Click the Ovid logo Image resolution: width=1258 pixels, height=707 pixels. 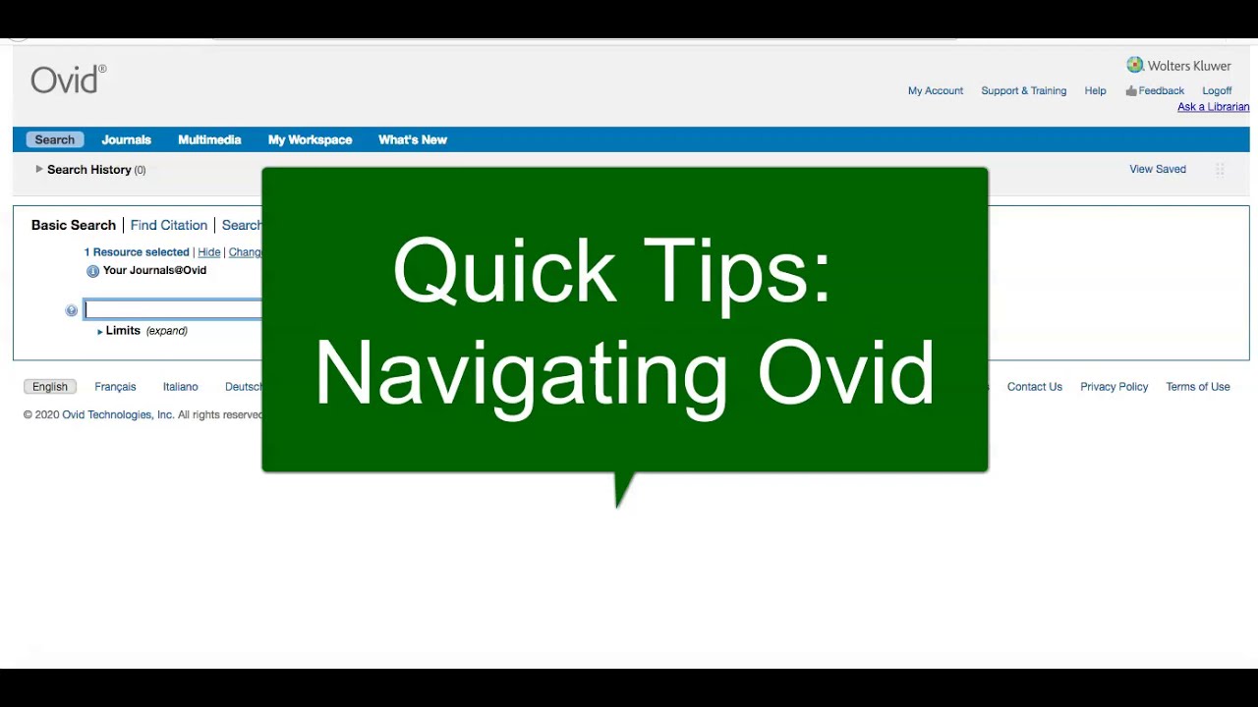[x=67, y=80]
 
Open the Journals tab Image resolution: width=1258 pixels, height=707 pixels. [x=126, y=139]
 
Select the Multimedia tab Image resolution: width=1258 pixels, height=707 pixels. [x=209, y=139]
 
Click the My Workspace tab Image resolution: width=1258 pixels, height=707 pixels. [x=310, y=139]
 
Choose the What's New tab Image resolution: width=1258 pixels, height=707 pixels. [x=413, y=139]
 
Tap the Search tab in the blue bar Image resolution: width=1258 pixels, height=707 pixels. [x=55, y=139]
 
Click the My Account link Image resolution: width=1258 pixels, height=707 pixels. [x=936, y=90]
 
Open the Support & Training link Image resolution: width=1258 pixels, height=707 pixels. [x=1023, y=90]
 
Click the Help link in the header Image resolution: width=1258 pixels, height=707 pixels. [x=1095, y=90]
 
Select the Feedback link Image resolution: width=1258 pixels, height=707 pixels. [x=1161, y=90]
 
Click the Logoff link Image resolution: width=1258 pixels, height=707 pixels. [x=1217, y=90]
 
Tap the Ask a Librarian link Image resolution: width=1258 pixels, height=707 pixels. [x=1213, y=107]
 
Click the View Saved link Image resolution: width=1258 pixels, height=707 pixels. [x=1158, y=169]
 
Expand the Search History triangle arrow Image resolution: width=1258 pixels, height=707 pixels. [x=39, y=169]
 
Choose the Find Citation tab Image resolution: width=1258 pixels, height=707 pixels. [x=169, y=225]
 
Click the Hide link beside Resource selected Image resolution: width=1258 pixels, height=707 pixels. [x=208, y=252]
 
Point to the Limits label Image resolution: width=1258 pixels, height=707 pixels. [x=123, y=331]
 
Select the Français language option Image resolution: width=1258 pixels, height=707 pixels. [x=115, y=387]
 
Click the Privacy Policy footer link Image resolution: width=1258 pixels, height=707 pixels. [x=1114, y=387]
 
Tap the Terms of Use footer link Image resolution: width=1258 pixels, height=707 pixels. [x=1197, y=387]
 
